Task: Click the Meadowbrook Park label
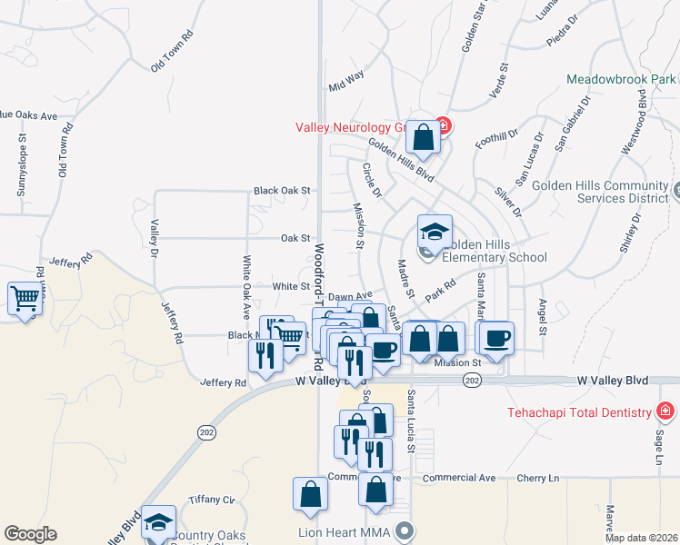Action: pos(622,79)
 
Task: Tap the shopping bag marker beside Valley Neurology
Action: pos(423,139)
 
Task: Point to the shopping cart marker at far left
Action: pos(25,298)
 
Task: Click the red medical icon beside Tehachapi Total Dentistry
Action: pos(666,411)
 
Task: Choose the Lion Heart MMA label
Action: pos(349,530)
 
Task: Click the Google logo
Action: pos(30,534)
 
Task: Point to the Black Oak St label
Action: pos(283,192)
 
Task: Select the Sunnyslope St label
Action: pos(21,165)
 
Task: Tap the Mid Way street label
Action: pos(346,82)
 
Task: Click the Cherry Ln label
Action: pos(540,478)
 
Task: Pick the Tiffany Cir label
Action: pos(212,500)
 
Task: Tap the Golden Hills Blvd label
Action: pos(400,159)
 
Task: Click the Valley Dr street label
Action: pos(155,238)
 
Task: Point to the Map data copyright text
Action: pos(640,538)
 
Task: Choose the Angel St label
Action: pos(543,317)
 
